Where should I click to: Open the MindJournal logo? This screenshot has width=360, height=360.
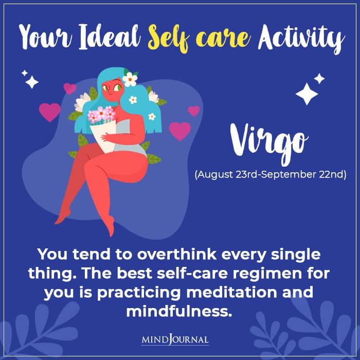180,340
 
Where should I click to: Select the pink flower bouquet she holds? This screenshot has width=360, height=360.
101,115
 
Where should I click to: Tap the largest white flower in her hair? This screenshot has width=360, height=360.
130,79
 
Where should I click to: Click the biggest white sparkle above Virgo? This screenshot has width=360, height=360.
307,94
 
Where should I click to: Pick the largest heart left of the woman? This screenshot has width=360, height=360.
50,112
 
